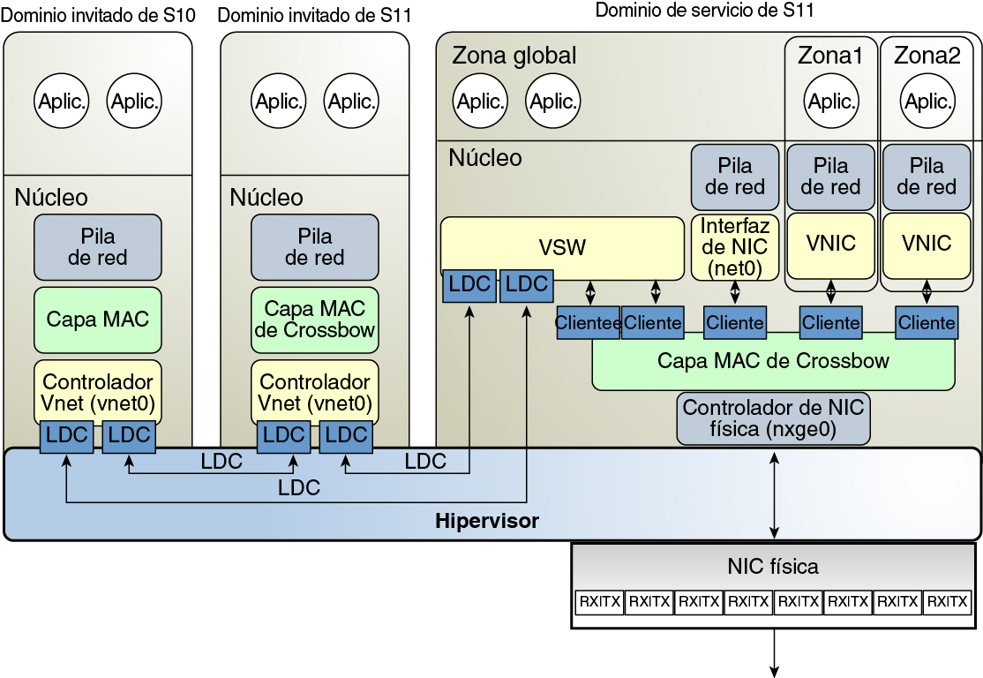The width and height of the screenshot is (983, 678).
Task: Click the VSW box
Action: (562, 246)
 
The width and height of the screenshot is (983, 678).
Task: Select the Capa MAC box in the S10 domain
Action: (98, 319)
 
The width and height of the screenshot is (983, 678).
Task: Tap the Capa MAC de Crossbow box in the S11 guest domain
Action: (315, 319)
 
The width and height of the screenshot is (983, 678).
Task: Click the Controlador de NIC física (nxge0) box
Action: (773, 418)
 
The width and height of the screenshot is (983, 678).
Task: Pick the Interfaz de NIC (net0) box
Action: (734, 247)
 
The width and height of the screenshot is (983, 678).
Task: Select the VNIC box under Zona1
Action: (830, 243)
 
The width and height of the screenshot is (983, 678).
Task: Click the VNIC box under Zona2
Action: (927, 243)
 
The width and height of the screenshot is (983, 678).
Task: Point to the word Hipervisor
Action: (487, 521)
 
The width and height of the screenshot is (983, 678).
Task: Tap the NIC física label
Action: (773, 566)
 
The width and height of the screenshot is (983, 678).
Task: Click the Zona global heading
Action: (514, 56)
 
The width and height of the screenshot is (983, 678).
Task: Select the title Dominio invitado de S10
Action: (99, 14)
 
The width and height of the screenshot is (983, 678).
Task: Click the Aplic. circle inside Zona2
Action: (927, 102)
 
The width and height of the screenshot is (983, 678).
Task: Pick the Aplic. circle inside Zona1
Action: (830, 102)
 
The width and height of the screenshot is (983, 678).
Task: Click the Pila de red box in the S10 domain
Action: (98, 247)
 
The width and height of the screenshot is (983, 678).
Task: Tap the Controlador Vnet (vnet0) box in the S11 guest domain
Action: (315, 393)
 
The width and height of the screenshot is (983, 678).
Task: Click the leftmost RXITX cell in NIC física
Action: (599, 602)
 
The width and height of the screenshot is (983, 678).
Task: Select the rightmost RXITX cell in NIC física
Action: (947, 602)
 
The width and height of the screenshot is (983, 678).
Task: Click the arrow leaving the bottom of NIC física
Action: (775, 653)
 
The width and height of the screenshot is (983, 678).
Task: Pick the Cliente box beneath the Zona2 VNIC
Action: (927, 323)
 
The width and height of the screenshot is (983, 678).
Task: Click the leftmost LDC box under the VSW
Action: (469, 284)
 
